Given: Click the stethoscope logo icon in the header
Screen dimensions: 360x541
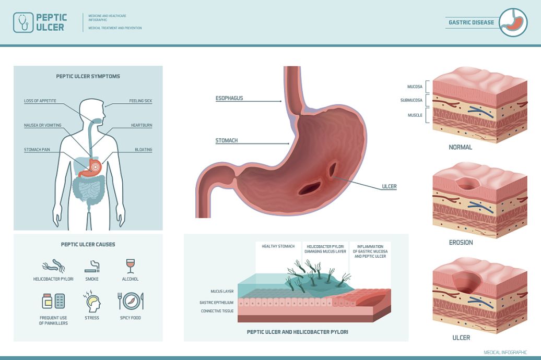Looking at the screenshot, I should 22,22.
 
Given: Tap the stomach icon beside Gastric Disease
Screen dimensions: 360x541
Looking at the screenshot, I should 513,22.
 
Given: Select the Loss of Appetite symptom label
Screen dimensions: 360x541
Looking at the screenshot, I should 40,101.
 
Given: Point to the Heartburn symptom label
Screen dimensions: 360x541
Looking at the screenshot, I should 141,125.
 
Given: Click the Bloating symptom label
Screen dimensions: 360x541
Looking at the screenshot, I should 143,150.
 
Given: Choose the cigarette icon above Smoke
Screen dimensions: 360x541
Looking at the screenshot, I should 92,267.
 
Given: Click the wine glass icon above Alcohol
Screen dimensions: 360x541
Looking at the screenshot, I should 130,266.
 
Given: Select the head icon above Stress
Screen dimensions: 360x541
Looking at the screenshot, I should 92,302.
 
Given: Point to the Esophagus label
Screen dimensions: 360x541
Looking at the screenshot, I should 229,98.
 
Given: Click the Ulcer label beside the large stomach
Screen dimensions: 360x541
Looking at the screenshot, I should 389,186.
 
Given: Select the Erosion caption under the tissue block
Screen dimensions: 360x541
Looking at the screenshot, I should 461,243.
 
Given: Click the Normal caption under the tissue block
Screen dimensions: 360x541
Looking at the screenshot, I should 461,147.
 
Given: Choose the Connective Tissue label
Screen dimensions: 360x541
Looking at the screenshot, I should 217,311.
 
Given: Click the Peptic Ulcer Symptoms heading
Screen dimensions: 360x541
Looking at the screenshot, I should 88,76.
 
